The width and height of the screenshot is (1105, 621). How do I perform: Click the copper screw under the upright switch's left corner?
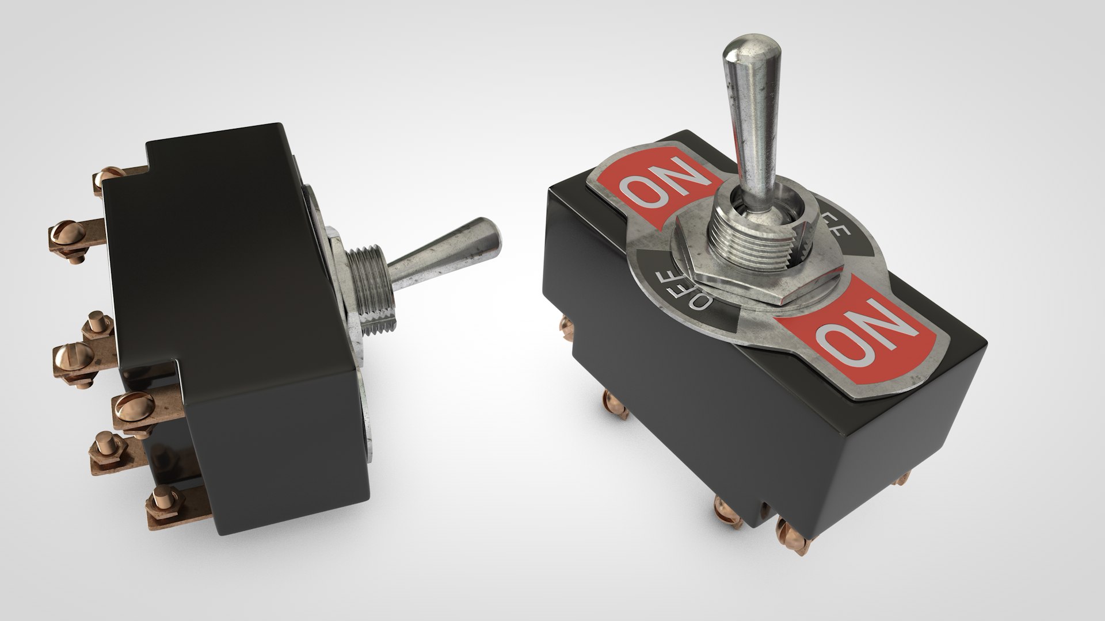coord(612,401)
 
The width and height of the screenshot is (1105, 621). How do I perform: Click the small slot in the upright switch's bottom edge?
coord(766,509)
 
